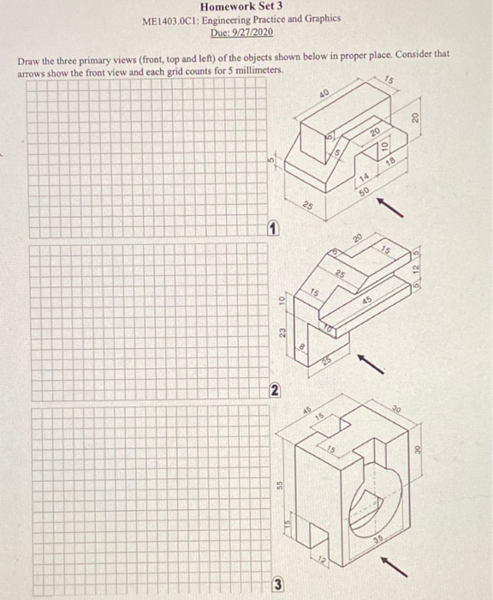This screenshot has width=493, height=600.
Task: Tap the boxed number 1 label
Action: click(269, 227)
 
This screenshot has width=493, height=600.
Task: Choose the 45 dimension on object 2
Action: click(366, 301)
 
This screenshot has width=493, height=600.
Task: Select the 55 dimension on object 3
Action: click(280, 483)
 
